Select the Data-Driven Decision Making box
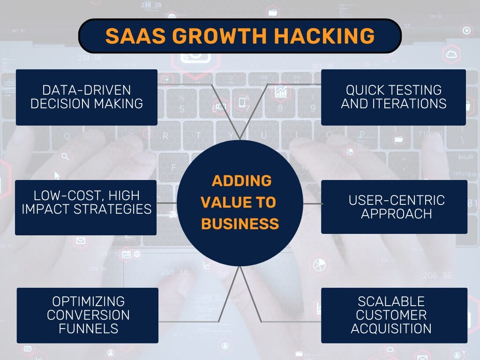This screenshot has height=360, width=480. tap(87, 97)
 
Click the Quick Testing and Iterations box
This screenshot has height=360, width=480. tap(393, 97)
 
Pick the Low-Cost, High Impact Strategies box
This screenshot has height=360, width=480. tap(86, 208)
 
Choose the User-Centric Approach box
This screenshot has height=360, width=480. tap(394, 207)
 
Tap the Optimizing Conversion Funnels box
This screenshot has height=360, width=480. tap(88, 315)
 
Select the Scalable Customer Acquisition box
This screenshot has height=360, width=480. tap(394, 315)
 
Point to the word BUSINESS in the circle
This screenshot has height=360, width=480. tap(240, 224)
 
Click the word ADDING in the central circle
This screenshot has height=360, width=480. tap(241, 180)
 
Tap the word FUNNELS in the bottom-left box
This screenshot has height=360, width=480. tap(89, 329)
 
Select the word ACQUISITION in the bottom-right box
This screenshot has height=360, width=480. tap(391, 329)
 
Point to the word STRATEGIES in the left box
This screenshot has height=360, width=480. tap(112, 210)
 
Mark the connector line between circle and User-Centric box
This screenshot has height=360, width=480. tap(313, 203)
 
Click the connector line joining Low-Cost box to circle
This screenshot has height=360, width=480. tap(167, 203)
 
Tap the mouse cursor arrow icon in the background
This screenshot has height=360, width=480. tap(57, 176)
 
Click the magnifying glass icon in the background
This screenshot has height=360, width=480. tap(65, 157)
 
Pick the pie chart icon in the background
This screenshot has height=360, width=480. tap(319, 265)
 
